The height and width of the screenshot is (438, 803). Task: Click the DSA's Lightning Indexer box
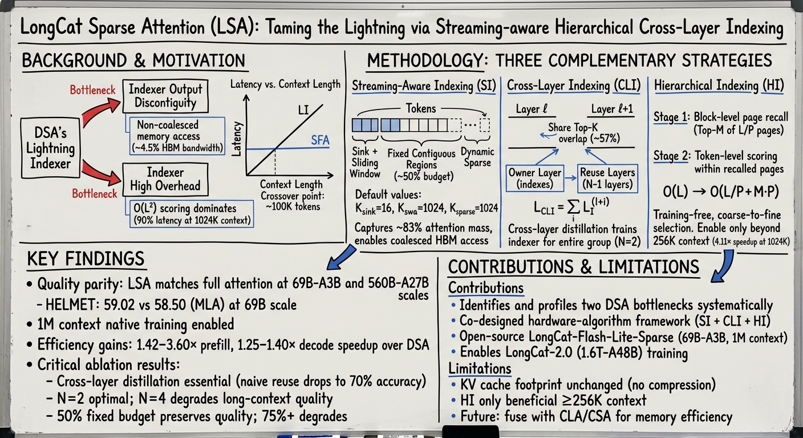pos(51,148)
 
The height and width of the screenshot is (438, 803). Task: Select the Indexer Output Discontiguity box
pos(165,96)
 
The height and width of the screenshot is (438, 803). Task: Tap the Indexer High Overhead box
pos(165,179)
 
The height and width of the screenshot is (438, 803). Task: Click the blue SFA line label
pos(320,140)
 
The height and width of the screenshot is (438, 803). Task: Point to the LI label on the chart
pos(303,109)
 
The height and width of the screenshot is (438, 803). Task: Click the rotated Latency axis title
pos(237,139)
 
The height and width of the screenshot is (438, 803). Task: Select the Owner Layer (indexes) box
pos(535,178)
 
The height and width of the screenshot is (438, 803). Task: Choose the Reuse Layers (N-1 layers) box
pos(607,178)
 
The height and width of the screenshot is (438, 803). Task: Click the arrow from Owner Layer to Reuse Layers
pos(570,178)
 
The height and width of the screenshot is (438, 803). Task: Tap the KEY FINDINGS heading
pos(86,259)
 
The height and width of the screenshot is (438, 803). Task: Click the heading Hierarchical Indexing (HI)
pos(719,86)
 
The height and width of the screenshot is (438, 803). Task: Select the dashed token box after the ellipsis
pos(485,125)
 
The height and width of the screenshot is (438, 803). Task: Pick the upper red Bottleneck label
pos(92,90)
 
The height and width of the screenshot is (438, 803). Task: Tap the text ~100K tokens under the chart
pos(293,207)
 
